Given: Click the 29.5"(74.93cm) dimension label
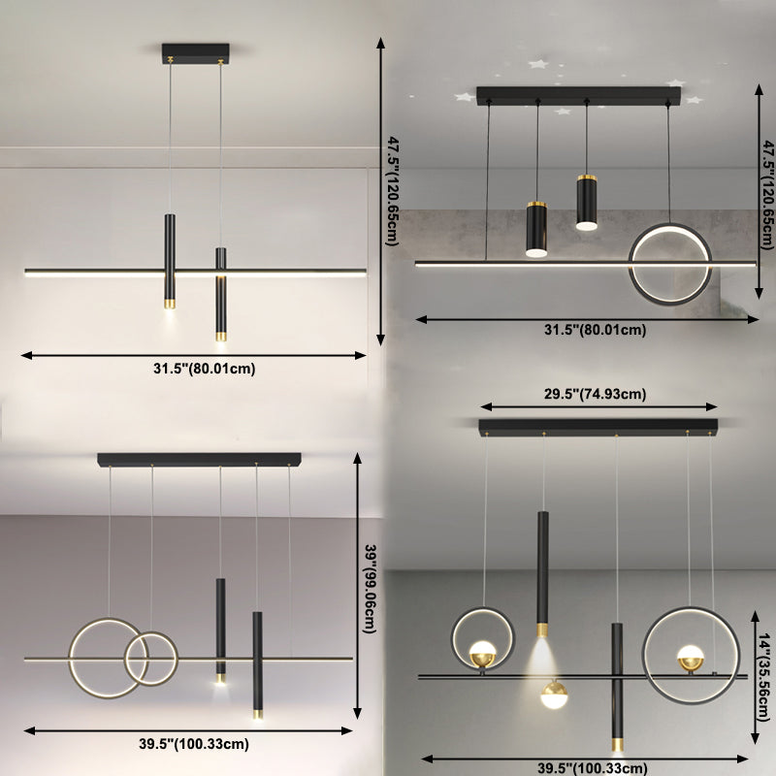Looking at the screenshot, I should pyautogui.click(x=596, y=393).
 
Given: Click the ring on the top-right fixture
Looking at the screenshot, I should pyautogui.click(x=670, y=264).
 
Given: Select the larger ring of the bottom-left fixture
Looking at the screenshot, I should pyautogui.click(x=110, y=658).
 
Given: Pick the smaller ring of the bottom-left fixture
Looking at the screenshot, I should pyautogui.click(x=151, y=659).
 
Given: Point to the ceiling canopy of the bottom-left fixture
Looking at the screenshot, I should pyautogui.click(x=200, y=458).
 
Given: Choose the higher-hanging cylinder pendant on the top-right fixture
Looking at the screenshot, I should pyautogui.click(x=585, y=202).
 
